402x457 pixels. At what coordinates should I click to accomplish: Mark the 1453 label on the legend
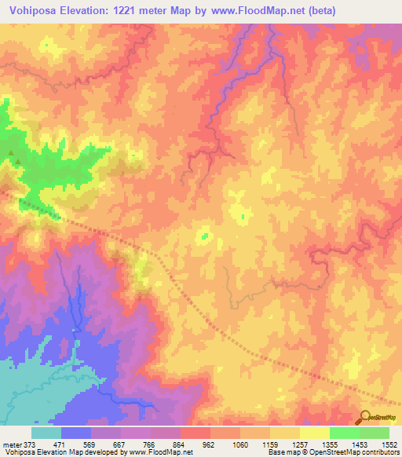pos(360,444)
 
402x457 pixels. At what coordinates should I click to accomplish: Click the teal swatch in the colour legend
pos(46,433)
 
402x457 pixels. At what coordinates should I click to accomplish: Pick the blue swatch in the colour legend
pos(76,433)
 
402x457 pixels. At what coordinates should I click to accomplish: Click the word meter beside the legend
pos(10,444)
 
